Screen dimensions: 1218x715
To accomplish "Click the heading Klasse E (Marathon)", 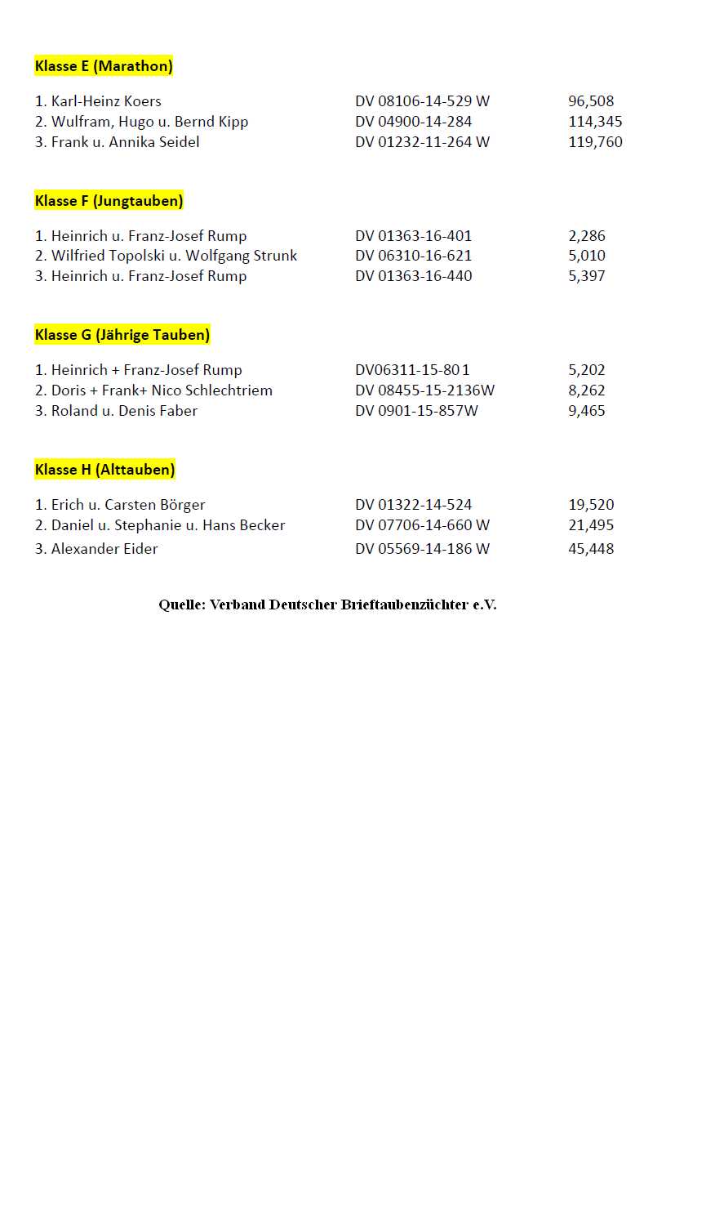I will tap(104, 66).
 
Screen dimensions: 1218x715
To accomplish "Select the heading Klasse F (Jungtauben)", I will tap(109, 200).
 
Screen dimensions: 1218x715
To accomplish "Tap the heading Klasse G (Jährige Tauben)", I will tap(122, 334).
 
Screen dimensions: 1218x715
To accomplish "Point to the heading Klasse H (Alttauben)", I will tap(104, 469).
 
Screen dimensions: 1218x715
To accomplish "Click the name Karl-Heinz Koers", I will tap(105, 101).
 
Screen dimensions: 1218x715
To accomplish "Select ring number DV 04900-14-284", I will tap(413, 122).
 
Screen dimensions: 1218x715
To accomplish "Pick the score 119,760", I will tap(595, 142).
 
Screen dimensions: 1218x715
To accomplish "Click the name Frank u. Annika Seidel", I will tap(125, 142).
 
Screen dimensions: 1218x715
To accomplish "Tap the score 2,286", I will tap(586, 236).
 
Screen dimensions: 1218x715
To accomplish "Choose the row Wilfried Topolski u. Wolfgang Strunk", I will tap(174, 256).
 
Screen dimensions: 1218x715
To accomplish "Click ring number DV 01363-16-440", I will tap(413, 276).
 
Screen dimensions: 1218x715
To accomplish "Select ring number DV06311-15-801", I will tap(412, 370).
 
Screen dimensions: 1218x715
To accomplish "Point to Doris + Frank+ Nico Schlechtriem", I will tap(162, 390).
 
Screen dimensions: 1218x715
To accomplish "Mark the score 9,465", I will tap(586, 411).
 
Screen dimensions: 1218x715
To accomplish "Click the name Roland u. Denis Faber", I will tap(124, 411).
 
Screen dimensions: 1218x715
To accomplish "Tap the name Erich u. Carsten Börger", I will tap(127, 505).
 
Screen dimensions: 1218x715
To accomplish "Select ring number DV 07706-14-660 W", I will tap(422, 525).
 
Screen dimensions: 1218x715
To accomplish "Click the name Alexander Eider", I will tap(104, 549).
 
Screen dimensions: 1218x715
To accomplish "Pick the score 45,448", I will tap(590, 549).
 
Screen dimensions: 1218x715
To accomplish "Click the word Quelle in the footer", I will tap(181, 605).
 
